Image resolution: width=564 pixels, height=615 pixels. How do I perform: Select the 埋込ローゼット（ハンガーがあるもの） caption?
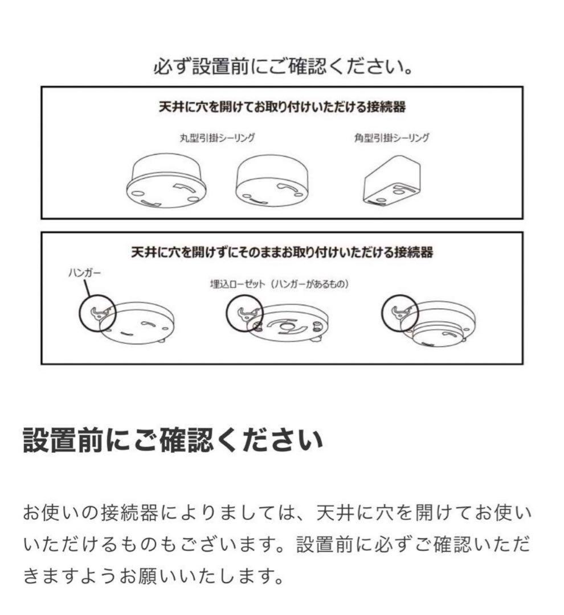279,283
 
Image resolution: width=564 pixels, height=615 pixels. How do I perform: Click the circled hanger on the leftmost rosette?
97,312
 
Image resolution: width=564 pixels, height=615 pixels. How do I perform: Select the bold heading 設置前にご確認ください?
173,441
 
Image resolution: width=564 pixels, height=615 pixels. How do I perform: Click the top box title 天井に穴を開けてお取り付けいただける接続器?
282,107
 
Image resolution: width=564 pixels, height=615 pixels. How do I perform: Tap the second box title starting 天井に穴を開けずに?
282,252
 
